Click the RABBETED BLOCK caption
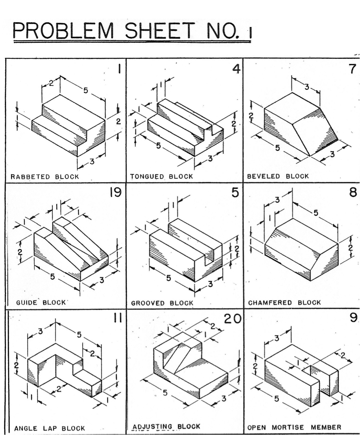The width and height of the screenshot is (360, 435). click(45, 176)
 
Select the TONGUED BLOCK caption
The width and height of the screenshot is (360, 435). click(161, 176)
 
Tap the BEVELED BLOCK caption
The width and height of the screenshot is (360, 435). click(278, 176)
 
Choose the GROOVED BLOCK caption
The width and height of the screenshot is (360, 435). click(162, 303)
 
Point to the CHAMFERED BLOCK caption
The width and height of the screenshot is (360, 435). click(284, 302)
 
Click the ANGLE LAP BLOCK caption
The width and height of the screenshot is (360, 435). click(50, 428)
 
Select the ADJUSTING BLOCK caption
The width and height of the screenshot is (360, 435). click(166, 427)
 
